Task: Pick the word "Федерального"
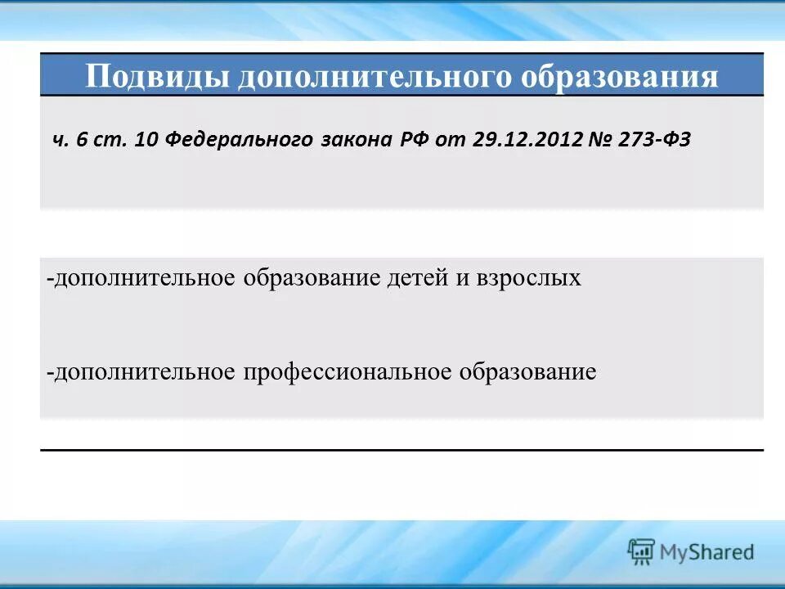pos(238,139)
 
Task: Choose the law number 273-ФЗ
pos(657,139)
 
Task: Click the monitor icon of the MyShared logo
pos(641,552)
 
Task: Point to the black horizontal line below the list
pos(401,450)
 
